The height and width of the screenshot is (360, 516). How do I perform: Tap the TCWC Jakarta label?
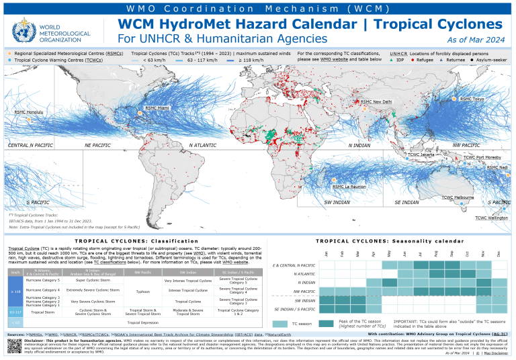(421, 154)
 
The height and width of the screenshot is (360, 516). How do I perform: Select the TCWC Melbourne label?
(458, 197)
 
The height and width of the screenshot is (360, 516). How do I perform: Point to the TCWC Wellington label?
(492, 218)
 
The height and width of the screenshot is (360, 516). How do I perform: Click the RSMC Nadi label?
(497, 167)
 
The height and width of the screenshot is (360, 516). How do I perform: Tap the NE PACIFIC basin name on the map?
(98, 145)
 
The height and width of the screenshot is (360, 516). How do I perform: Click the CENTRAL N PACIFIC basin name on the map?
(31, 145)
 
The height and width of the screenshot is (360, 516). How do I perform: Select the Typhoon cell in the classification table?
(142, 291)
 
